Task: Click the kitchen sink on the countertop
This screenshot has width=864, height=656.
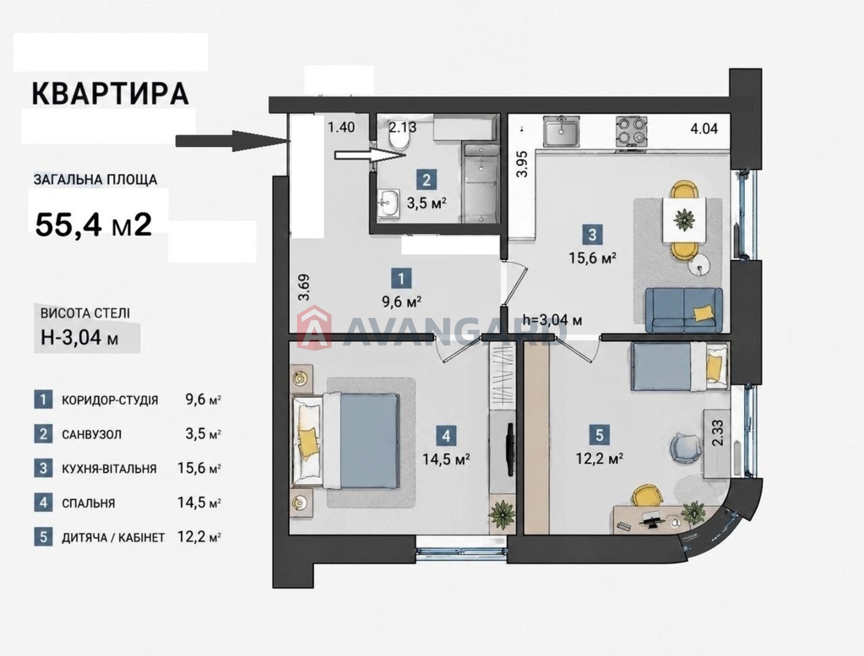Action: [562, 132]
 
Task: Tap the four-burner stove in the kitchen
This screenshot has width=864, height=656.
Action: [631, 132]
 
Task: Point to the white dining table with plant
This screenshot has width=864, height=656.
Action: [684, 220]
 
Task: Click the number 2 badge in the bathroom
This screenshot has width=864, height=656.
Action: [427, 181]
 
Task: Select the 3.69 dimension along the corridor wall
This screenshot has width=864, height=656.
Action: [304, 287]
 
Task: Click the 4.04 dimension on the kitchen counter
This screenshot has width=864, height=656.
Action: [704, 129]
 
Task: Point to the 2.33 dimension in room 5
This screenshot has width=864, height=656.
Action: [718, 432]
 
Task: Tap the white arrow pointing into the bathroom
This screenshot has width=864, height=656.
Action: [370, 156]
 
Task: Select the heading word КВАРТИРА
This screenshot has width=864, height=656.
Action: [111, 94]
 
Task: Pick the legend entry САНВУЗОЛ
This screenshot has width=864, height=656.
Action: [92, 435]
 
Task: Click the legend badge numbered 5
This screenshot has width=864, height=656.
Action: [43, 537]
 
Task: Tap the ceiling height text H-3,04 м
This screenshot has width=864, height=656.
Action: [79, 337]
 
